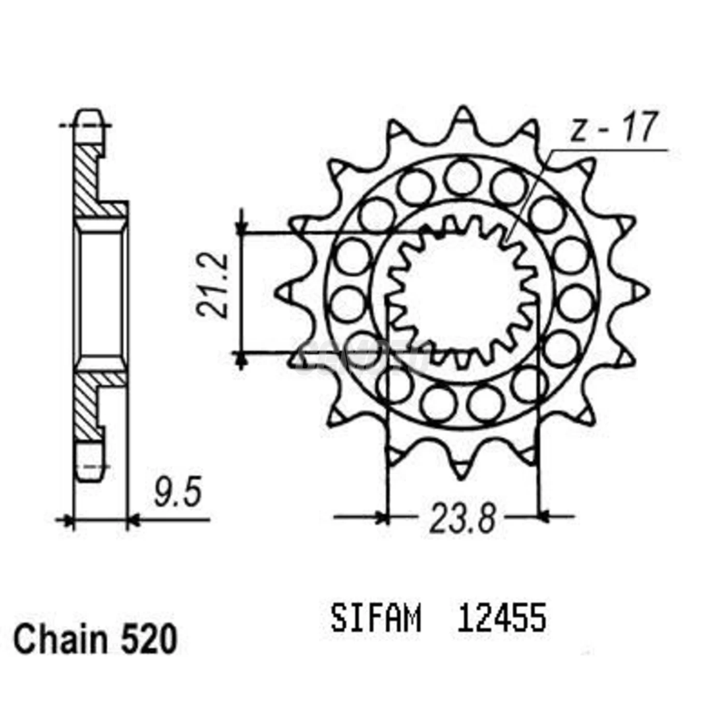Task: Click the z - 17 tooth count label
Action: [x=613, y=128]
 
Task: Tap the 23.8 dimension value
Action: [x=462, y=518]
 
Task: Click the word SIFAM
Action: [x=376, y=619]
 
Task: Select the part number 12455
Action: [x=501, y=619]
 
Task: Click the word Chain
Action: [x=60, y=640]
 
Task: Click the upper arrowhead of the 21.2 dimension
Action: [x=240, y=227]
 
